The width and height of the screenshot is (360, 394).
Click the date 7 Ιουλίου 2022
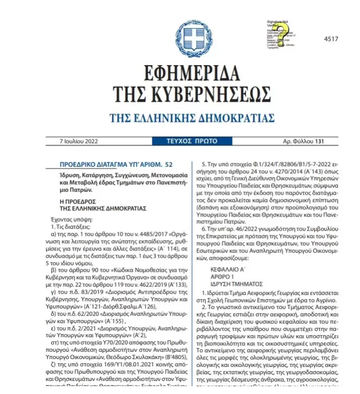click(x=79, y=141)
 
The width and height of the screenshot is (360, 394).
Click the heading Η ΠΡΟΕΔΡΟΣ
click(x=78, y=200)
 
